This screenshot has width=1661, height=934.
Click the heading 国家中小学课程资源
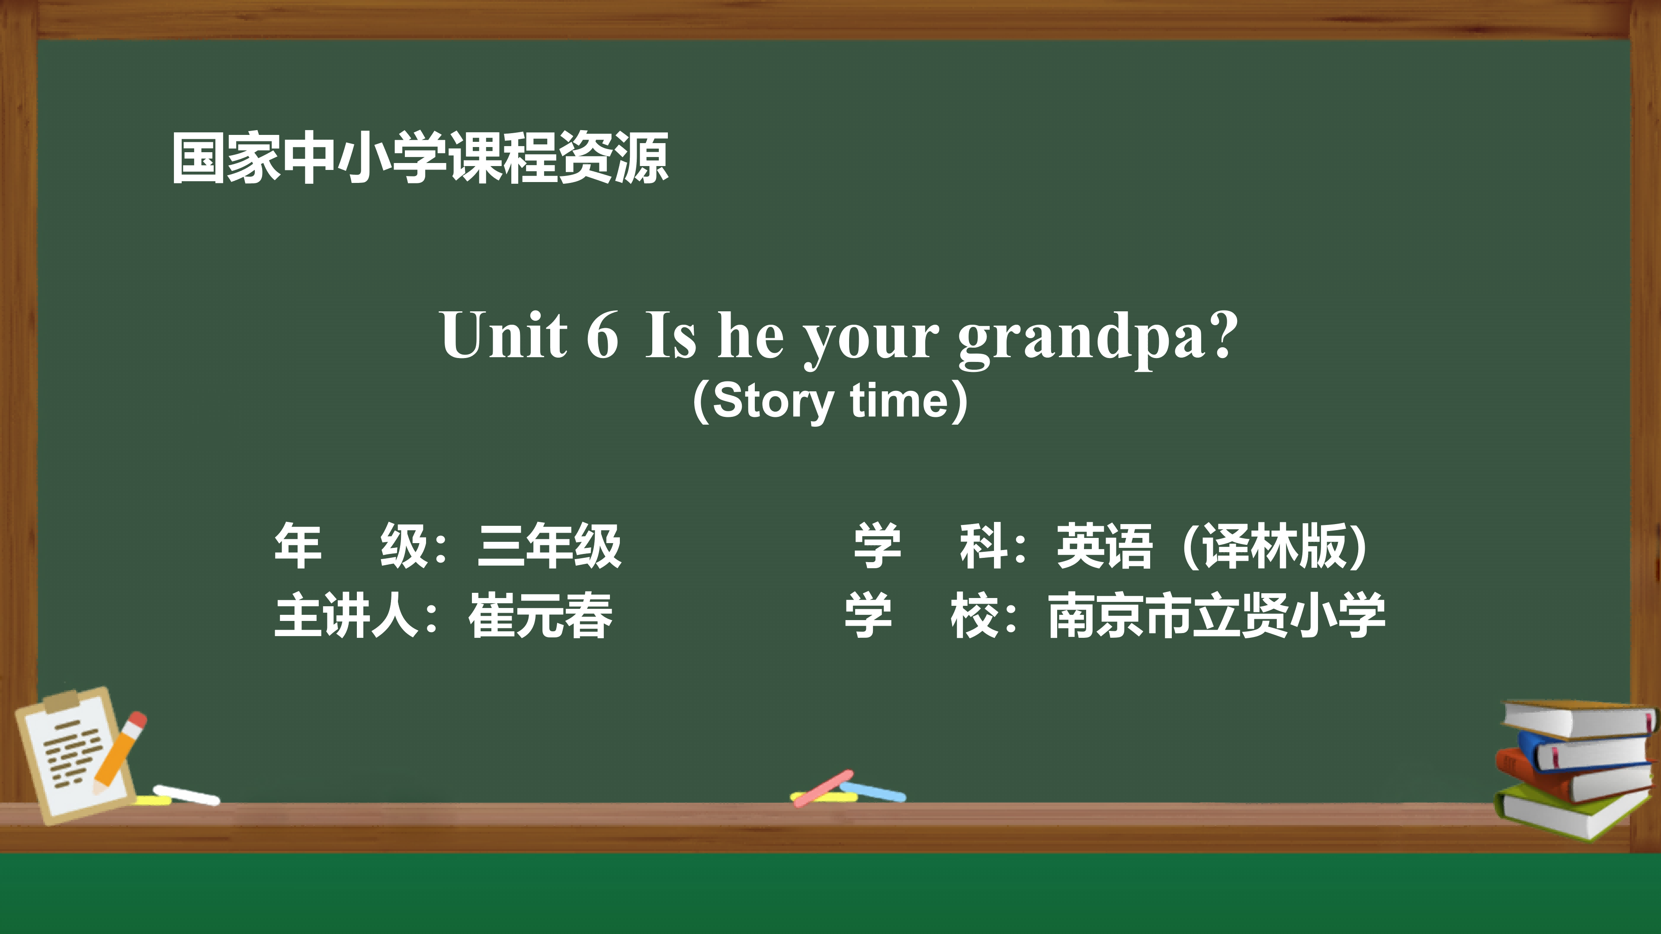coord(420,159)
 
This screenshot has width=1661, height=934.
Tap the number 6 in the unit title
coord(602,335)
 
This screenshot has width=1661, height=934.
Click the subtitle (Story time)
coord(830,401)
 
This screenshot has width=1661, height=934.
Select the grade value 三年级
coord(549,546)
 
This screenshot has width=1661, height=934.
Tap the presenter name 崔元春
coord(540,616)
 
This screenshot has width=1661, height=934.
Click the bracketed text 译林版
coord(1274,546)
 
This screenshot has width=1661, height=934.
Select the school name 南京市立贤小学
coord(1217,616)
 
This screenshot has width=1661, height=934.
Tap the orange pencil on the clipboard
coord(120,752)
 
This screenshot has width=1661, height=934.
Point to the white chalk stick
coord(186,795)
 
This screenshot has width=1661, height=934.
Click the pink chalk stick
coord(823,788)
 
